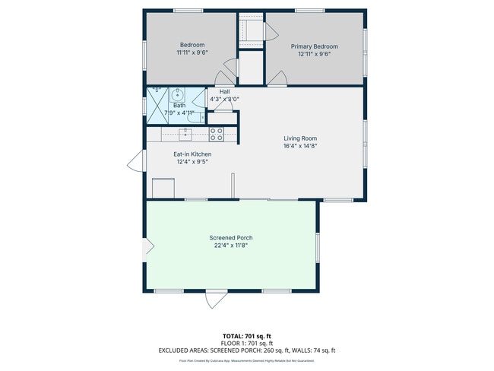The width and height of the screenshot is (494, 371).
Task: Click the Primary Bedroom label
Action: [314, 46]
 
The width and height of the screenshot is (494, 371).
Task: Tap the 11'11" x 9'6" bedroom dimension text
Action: [192, 53]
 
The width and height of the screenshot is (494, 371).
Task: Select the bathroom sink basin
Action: [176, 95]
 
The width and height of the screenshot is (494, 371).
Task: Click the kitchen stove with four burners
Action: [216, 135]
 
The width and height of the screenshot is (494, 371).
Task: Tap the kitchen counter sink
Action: [185, 135]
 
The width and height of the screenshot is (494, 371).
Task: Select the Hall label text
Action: [224, 91]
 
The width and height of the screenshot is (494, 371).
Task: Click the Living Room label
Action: [299, 138]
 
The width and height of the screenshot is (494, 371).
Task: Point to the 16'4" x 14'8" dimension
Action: [299, 146]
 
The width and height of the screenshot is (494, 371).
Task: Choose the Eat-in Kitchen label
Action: [192, 154]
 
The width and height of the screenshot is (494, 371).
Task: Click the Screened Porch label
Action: [231, 238]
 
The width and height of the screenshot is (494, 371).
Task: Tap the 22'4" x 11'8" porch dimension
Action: [231, 246]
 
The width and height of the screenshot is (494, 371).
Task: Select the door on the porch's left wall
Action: [150, 246]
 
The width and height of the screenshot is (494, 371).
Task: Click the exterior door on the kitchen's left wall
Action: [136, 160]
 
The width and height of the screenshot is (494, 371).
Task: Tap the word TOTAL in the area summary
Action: [233, 335]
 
